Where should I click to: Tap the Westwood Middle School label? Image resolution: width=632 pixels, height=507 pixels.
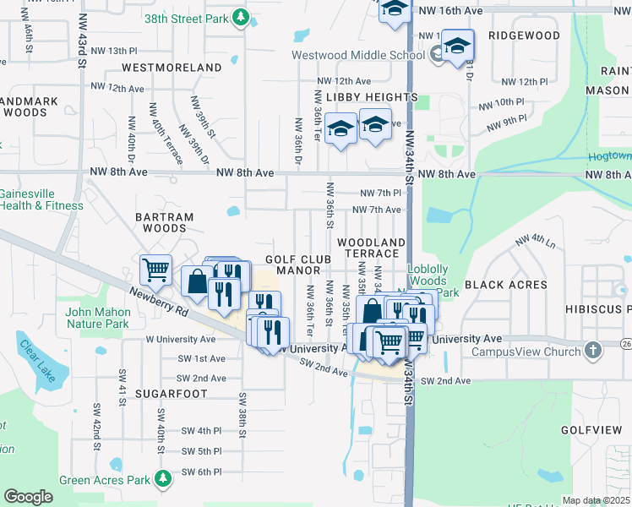(x=357, y=56)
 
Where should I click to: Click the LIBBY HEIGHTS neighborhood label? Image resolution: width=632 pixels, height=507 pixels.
(x=372, y=97)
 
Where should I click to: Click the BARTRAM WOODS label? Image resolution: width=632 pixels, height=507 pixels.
(x=164, y=222)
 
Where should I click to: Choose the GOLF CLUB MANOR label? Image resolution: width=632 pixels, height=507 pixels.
(x=292, y=265)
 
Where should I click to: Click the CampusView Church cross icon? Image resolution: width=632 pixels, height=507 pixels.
(x=593, y=351)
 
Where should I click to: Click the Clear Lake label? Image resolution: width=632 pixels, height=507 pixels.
(x=38, y=362)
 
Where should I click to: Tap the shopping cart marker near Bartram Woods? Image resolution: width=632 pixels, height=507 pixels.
(x=156, y=270)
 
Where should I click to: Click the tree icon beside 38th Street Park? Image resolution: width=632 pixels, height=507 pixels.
(x=241, y=17)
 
